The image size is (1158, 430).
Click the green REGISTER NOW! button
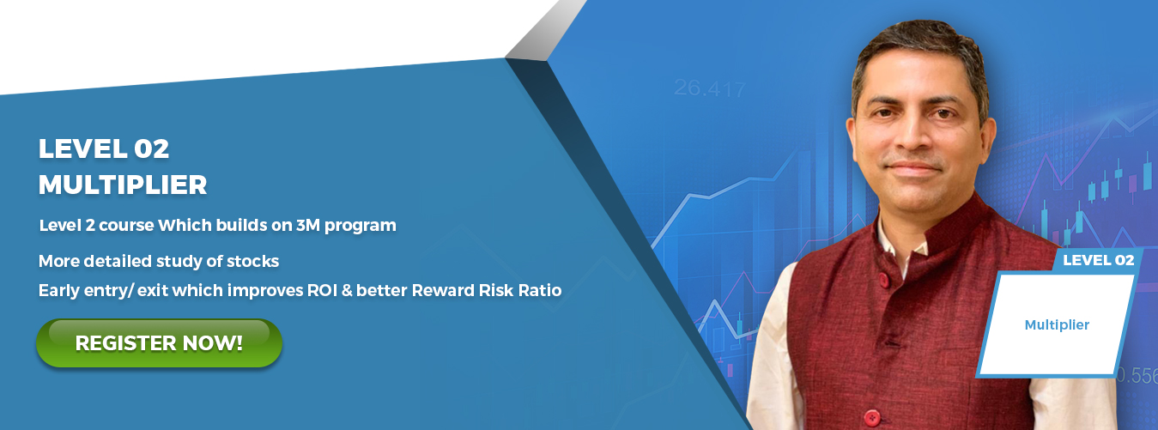tap(159, 343)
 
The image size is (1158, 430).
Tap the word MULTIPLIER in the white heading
tap(123, 185)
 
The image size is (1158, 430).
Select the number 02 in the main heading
tap(151, 148)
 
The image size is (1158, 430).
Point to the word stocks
tap(252, 261)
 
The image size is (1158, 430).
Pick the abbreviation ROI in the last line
tap(322, 290)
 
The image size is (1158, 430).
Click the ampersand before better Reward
tap(346, 290)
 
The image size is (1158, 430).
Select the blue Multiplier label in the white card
tap(1058, 324)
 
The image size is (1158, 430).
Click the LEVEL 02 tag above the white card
tap(1098, 260)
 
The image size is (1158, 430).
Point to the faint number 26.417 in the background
tap(709, 88)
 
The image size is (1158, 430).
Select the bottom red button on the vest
tap(871, 417)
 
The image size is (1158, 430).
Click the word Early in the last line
tap(58, 290)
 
